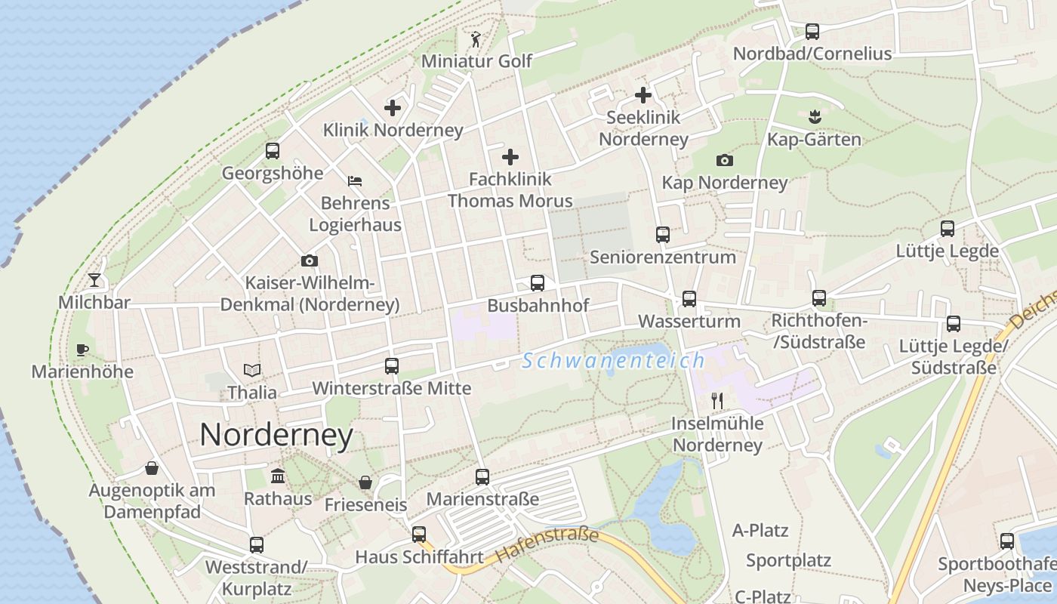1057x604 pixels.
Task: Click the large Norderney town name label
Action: click(x=276, y=436)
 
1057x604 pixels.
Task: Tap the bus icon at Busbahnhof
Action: click(x=538, y=283)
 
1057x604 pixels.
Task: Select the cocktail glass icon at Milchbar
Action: click(x=94, y=280)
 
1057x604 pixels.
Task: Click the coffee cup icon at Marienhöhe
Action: click(x=82, y=350)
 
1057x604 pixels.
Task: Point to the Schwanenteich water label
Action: click(x=614, y=361)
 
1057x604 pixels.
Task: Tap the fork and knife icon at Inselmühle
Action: click(x=717, y=401)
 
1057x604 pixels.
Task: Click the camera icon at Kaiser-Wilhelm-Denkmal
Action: click(x=310, y=261)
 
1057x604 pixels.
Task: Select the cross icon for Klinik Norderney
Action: click(x=393, y=108)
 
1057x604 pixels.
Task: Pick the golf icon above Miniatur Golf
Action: click(x=476, y=39)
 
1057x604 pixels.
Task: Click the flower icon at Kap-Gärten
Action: click(x=814, y=117)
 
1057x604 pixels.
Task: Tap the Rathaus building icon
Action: click(x=278, y=476)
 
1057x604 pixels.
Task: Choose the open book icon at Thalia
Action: click(x=252, y=370)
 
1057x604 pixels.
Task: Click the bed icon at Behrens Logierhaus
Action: click(x=355, y=180)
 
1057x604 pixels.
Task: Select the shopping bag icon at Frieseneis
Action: click(x=365, y=482)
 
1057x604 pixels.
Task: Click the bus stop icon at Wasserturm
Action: click(x=689, y=299)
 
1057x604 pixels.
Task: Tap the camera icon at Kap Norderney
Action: click(x=725, y=160)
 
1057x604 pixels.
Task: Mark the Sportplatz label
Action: click(x=788, y=561)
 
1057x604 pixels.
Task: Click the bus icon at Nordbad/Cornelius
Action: click(x=812, y=32)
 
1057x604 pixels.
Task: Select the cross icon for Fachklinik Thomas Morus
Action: click(x=510, y=157)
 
